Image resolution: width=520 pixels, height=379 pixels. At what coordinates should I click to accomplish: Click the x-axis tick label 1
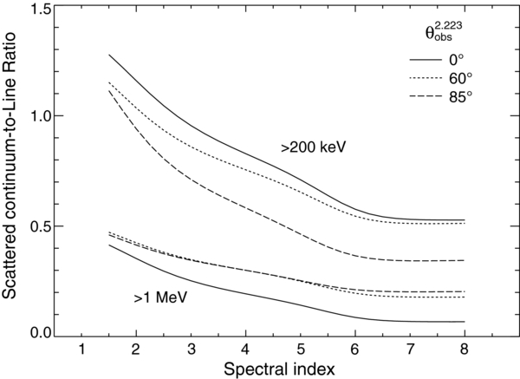pyautogui.click(x=81, y=350)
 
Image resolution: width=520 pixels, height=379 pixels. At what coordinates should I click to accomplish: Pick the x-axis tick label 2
pyautogui.click(x=135, y=350)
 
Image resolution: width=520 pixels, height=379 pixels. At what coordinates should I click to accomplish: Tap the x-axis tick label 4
pyautogui.click(x=245, y=350)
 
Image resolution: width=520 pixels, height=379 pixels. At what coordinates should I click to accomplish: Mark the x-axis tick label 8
pyautogui.click(x=465, y=350)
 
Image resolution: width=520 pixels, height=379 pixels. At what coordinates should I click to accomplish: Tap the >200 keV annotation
pyautogui.click(x=314, y=147)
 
